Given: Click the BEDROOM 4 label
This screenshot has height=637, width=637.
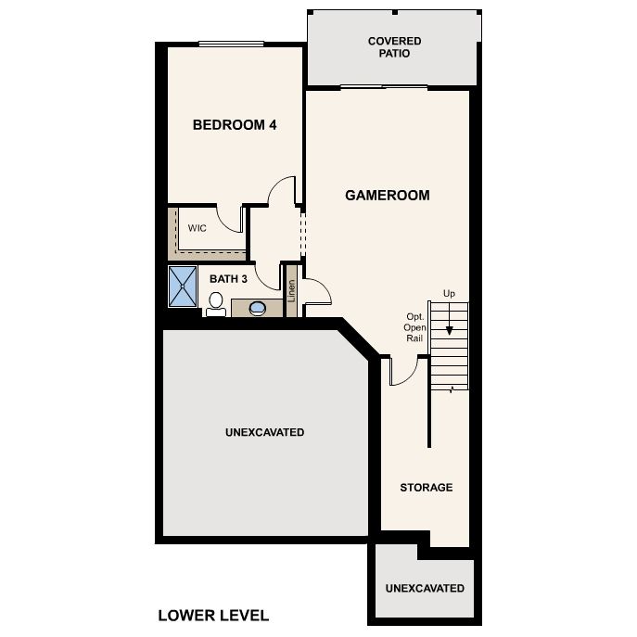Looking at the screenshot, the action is point(235,125).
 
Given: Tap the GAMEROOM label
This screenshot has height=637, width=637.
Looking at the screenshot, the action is point(388,196).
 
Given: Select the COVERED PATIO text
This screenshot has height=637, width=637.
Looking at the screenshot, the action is point(394,47).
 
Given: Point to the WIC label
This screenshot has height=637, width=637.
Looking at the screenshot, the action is point(197,228).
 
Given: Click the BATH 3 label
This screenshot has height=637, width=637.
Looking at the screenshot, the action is point(228,279).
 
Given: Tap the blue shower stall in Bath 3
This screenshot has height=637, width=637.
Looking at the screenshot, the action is point(183,287).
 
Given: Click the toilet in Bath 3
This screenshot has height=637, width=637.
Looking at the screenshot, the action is point(216,304).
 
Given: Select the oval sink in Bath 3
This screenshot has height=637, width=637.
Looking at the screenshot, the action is point(258,308).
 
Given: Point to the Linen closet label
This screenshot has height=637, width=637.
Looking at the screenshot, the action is point(291,291).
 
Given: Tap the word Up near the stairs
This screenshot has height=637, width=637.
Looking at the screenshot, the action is point(449,293).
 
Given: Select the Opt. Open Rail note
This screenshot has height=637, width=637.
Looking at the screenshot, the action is point(414,327).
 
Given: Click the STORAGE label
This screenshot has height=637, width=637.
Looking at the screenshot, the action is point(427,488).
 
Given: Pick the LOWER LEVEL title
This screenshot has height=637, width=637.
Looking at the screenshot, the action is point(213,616).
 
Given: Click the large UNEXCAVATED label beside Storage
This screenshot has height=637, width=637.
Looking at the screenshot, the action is point(265,432).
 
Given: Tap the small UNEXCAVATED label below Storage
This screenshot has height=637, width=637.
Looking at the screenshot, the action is point(425,588).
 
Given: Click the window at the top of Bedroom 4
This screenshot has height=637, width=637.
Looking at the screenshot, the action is point(231,44).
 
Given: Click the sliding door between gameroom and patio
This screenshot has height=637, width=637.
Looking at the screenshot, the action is point(384,87).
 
